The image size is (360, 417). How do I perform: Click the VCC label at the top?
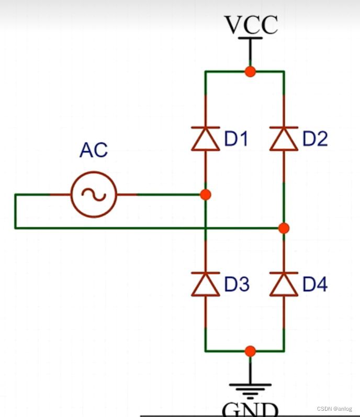point(251,25)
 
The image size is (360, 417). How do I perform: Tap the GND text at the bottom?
point(250,409)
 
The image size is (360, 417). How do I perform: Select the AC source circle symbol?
point(94,195)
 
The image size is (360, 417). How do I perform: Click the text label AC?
point(94,151)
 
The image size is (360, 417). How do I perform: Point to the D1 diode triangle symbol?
point(205,139)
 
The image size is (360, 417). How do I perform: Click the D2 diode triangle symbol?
point(284,139)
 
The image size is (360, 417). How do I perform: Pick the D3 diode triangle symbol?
point(205,285)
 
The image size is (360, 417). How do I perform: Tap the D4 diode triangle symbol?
point(284,285)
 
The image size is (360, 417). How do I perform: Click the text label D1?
point(237,139)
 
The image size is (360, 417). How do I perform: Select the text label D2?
point(315,139)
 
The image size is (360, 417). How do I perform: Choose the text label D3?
point(237,285)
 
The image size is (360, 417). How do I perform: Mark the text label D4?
point(315,285)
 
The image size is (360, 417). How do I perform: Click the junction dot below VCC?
point(251,71)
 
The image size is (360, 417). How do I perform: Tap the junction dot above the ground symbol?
point(251,351)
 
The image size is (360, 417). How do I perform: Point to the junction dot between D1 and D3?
point(205,195)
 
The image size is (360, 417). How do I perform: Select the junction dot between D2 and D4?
point(284,228)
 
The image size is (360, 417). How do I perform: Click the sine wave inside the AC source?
point(94,195)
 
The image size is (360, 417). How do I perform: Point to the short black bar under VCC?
point(251,38)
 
